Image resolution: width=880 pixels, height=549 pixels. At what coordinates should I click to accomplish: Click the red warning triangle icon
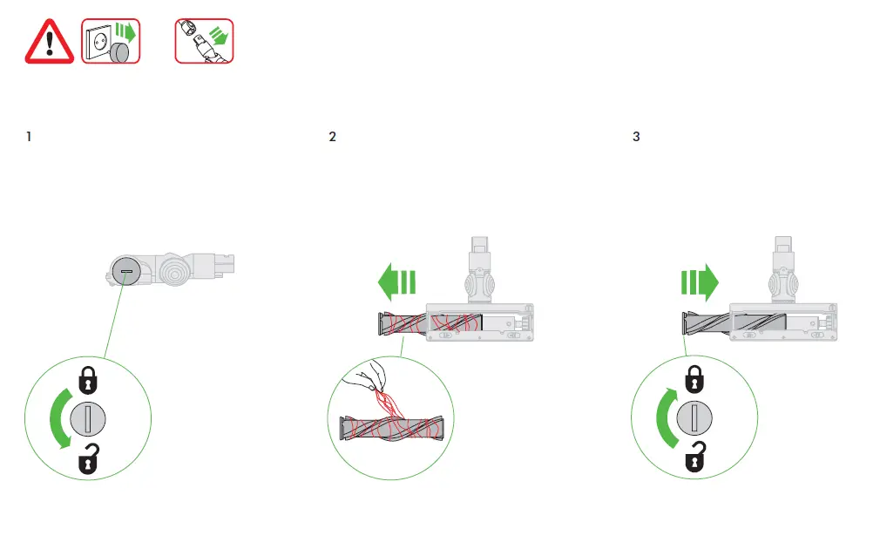point(50,41)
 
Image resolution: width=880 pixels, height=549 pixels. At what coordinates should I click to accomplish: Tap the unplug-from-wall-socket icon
point(111,41)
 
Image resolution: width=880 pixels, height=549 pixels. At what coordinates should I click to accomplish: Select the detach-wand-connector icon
point(205,41)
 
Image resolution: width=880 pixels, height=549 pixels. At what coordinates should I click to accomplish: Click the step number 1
point(30,138)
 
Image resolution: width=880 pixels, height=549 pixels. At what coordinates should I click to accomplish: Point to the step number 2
point(332,138)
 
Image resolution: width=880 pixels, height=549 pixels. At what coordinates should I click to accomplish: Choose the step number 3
point(636,138)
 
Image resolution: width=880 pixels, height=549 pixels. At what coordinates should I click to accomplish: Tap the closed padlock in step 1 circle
point(87,379)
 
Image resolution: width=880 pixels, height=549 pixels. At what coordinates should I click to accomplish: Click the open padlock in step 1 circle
point(87,458)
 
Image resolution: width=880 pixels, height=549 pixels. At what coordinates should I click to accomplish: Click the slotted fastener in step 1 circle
point(87,419)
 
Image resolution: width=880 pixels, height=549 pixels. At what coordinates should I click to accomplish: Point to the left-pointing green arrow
point(396,282)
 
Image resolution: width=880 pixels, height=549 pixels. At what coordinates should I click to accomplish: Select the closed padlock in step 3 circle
point(694,379)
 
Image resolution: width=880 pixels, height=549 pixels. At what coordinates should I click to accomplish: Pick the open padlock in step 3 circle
point(694,458)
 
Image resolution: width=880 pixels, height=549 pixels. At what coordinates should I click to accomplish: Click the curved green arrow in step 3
point(665,419)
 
